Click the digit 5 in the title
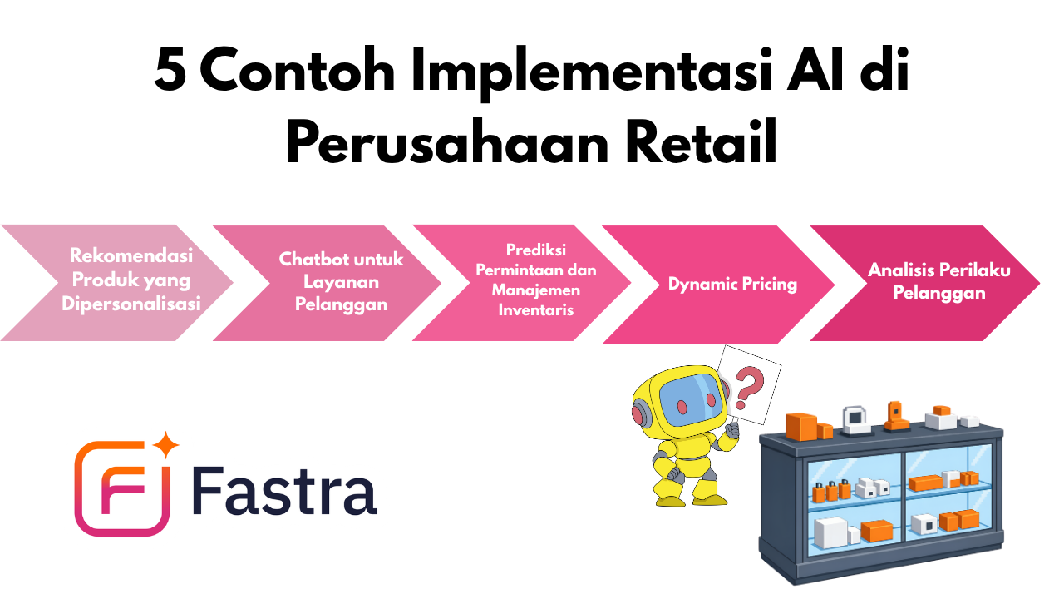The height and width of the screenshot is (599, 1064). (x=170, y=69)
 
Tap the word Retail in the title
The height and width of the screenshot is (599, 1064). (x=702, y=141)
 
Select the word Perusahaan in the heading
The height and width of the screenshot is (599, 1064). (x=447, y=142)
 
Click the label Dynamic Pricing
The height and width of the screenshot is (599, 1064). (x=732, y=284)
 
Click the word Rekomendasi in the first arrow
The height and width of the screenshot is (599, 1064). (x=131, y=255)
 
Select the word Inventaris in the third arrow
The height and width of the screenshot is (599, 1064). (x=536, y=310)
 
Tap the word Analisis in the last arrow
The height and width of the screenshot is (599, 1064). (x=894, y=270)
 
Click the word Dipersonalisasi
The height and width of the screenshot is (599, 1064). (x=131, y=304)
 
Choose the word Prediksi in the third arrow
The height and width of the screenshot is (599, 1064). (x=536, y=250)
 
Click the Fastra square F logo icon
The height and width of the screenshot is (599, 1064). (x=122, y=488)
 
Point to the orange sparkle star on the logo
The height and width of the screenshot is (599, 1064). (x=165, y=445)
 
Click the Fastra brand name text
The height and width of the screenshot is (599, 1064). (x=284, y=490)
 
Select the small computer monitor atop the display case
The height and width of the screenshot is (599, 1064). (x=855, y=419)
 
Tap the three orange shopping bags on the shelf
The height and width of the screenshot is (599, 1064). (x=831, y=491)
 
